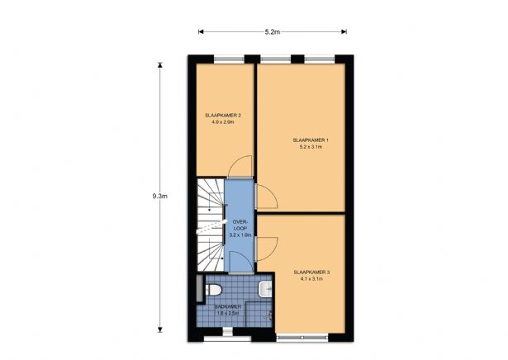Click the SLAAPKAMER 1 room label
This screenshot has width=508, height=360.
click(311, 140)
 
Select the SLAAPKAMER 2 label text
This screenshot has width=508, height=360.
click(223, 114)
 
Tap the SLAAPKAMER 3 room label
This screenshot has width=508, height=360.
click(311, 272)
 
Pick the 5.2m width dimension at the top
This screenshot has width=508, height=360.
click(272, 32)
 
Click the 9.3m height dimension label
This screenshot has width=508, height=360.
click(160, 197)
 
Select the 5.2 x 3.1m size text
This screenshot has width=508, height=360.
click(311, 149)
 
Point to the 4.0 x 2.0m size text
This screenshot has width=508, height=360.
click(223, 122)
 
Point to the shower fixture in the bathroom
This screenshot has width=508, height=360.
click(266, 315)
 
